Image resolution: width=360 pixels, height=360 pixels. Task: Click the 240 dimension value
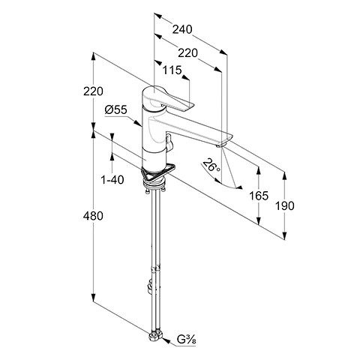[x=182, y=29]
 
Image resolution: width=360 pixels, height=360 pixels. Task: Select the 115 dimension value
[x=172, y=70]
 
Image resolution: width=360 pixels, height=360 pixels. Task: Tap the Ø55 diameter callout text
[x=116, y=109]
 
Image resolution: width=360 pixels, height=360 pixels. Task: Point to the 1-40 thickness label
[x=112, y=179]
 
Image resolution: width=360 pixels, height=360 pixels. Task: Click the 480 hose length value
[x=93, y=216]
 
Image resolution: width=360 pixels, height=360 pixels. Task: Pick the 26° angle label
[x=211, y=166]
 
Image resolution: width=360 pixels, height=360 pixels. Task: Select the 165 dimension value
[x=259, y=196]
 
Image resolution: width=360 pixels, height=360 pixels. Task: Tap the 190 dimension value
[x=285, y=206]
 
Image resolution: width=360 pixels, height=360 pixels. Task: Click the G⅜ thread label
[x=187, y=340]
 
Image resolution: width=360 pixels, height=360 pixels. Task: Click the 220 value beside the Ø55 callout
[x=93, y=91]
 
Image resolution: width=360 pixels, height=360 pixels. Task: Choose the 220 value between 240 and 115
[x=187, y=53]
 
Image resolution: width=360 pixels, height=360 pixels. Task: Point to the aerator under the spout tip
[x=220, y=145]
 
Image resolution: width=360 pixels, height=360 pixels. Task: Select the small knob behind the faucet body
[x=169, y=142]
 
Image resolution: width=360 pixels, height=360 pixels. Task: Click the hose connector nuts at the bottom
[x=156, y=334]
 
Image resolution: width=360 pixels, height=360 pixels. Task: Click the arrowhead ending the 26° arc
[x=239, y=187]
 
